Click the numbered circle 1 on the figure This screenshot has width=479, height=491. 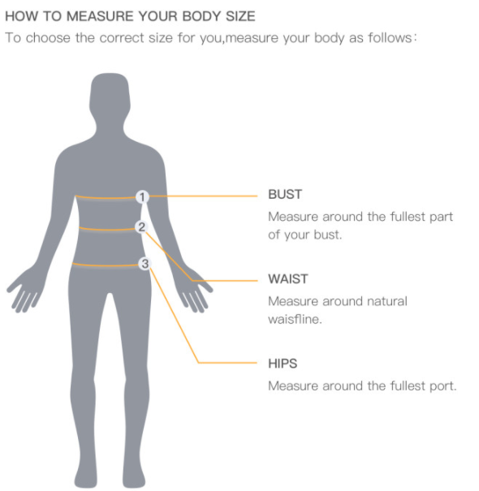point(142,197)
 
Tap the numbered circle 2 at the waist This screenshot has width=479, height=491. point(141,226)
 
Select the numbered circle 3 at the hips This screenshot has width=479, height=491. point(145,263)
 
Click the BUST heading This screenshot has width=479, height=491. point(285,194)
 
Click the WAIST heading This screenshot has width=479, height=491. point(288,278)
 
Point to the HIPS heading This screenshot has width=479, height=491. point(283,364)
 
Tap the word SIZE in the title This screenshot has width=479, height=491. point(240,16)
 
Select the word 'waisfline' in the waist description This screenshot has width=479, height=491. point(294,319)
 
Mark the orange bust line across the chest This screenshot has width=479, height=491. point(106,197)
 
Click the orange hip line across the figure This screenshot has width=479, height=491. point(106,265)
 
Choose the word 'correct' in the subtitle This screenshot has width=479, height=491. point(122,38)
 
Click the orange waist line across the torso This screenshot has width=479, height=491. point(107,229)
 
